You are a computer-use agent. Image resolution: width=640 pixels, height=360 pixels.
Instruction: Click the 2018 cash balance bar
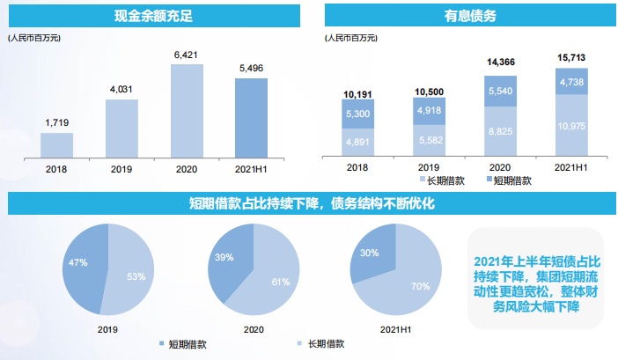click(x=56, y=144)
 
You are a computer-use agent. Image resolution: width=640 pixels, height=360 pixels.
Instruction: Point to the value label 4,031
click(x=121, y=90)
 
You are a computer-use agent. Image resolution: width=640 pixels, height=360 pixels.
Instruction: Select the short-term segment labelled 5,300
click(x=359, y=114)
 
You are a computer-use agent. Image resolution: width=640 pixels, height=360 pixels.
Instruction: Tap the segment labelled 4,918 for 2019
click(x=430, y=111)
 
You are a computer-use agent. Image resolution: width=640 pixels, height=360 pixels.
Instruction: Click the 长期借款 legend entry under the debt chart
click(x=440, y=180)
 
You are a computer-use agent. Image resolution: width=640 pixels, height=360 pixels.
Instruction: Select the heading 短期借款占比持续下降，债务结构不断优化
click(x=312, y=204)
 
